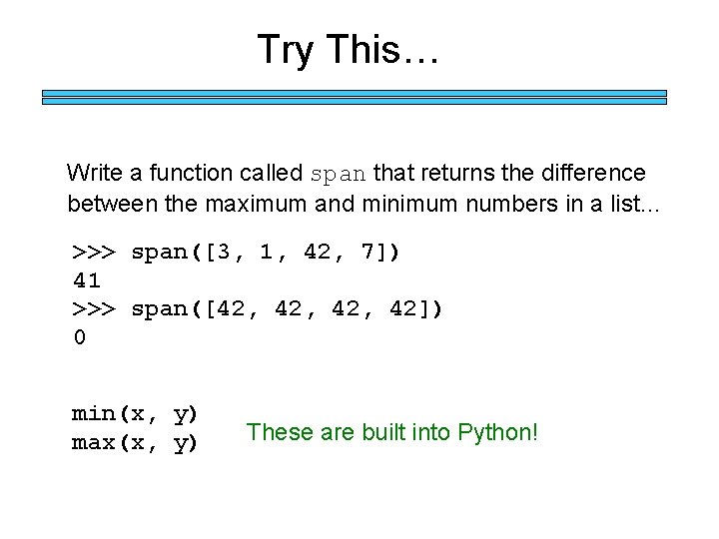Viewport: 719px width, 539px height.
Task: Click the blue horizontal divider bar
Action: click(x=354, y=97)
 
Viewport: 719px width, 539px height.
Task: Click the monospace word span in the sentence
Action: click(x=339, y=174)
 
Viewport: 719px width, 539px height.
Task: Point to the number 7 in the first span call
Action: click(x=368, y=252)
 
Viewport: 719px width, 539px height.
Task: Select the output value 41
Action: click(x=87, y=280)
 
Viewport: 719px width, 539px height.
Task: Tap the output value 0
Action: click(x=79, y=337)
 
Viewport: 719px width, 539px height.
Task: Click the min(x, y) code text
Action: click(x=135, y=413)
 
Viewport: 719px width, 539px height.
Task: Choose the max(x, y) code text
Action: click(x=135, y=442)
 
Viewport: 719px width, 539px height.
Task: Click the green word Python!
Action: click(x=497, y=432)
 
